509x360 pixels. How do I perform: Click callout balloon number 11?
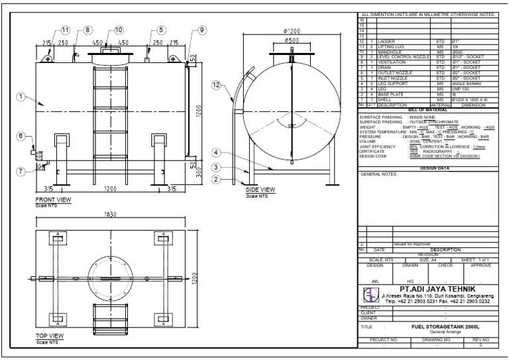click(66, 30)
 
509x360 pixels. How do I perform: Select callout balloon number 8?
click(89, 30)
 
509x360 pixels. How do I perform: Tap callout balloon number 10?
click(119, 30)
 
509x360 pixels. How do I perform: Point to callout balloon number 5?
click(161, 30)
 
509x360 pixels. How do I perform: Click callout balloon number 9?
click(202, 30)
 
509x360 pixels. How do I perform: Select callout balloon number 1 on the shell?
click(21, 97)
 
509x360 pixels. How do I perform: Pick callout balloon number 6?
click(21, 136)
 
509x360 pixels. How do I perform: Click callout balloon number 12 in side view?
click(215, 85)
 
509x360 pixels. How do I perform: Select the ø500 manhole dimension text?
click(292, 40)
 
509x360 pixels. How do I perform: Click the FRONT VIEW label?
click(52, 199)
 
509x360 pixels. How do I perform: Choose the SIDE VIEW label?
click(260, 190)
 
